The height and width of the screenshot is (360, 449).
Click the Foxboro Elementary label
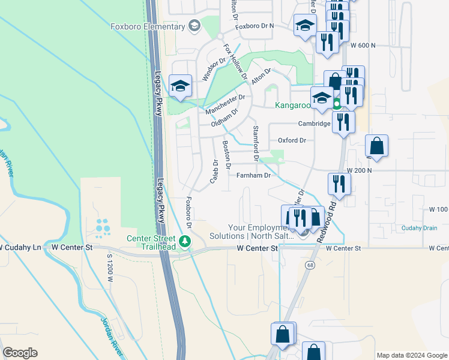[147, 26]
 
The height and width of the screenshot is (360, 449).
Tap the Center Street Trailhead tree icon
[185, 241]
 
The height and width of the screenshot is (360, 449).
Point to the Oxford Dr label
[292, 140]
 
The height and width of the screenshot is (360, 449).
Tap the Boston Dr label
[227, 154]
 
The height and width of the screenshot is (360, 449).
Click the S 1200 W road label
[109, 264]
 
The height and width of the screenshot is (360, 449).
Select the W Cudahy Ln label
[20, 247]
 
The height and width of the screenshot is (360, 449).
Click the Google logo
[20, 353]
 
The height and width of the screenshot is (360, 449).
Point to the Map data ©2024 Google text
[411, 355]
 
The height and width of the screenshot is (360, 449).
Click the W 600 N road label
[363, 45]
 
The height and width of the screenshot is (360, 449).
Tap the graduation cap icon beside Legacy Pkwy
[179, 85]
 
